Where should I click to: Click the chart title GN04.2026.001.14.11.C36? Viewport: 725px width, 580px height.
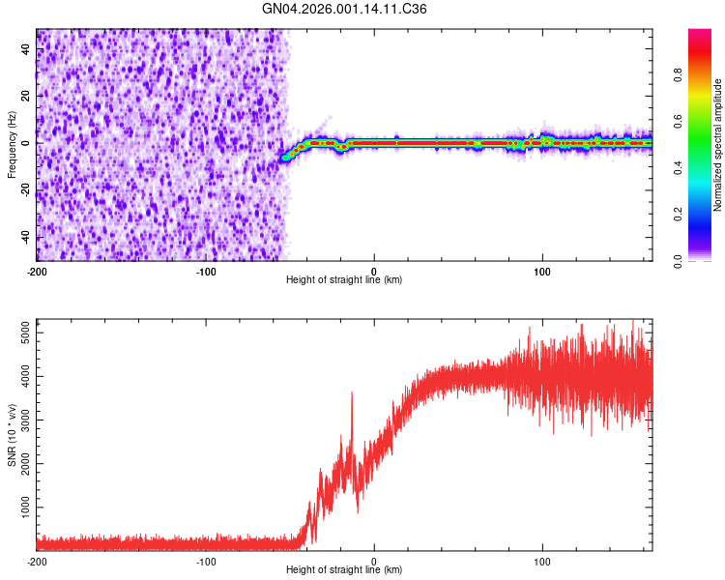point(345,9)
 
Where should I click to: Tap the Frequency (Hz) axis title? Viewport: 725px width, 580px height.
point(12,145)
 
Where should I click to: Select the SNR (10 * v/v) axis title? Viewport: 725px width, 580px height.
point(12,434)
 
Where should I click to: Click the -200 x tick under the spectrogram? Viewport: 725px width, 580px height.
point(37,271)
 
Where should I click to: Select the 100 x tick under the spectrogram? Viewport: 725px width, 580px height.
point(542,271)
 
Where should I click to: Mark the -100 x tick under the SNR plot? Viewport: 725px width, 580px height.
point(205,561)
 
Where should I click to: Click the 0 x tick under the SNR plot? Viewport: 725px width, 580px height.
point(374,561)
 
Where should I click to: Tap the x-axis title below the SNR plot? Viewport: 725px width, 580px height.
point(344,570)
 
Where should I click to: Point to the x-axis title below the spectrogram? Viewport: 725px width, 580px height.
point(344,280)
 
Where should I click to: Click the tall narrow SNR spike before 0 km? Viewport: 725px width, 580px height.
point(351,393)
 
